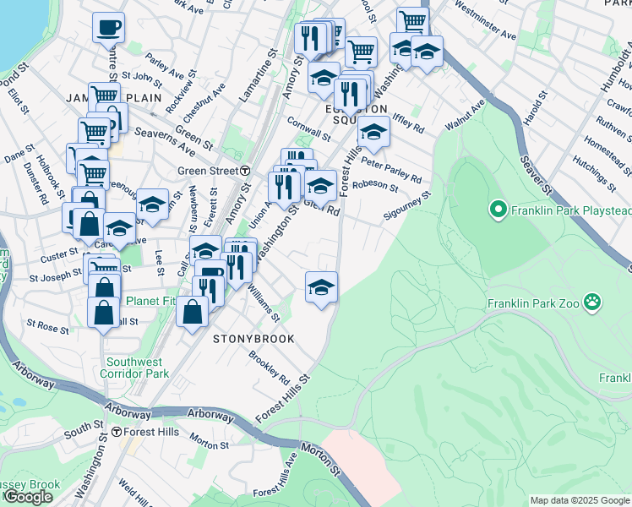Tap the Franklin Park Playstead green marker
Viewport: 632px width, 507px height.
click(498, 208)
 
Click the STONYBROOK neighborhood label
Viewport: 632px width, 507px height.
click(253, 339)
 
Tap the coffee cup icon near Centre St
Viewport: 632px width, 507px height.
click(108, 28)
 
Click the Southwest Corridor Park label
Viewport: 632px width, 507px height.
click(134, 367)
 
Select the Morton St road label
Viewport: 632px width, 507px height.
click(210, 441)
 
